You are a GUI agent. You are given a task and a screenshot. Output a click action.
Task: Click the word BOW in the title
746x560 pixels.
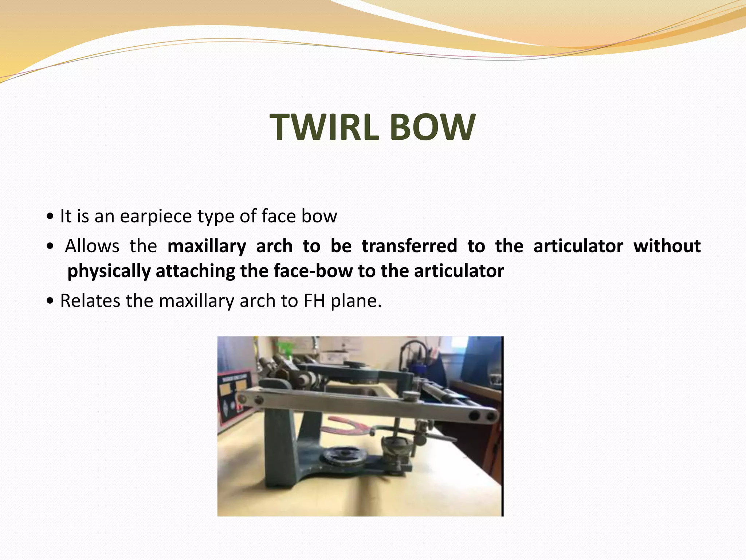click(433, 127)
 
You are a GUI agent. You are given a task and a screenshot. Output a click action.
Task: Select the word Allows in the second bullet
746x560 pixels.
click(92, 246)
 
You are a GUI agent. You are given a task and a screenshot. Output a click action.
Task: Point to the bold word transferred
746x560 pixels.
click(409, 246)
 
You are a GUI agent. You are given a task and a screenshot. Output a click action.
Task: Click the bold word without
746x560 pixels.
click(667, 246)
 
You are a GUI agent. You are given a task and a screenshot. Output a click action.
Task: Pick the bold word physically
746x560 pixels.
click(109, 271)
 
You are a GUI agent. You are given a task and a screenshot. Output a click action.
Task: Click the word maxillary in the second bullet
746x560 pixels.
click(207, 246)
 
